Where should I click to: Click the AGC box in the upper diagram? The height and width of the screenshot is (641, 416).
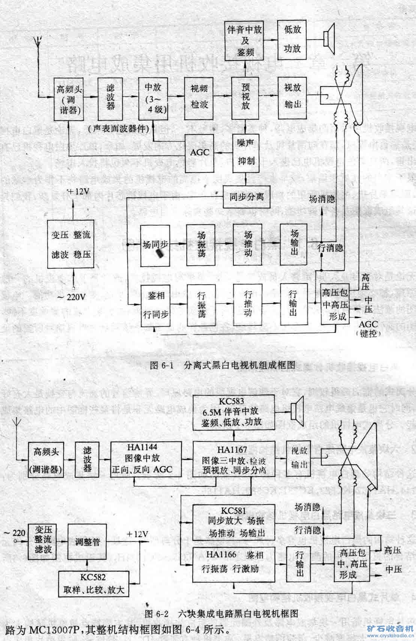200,153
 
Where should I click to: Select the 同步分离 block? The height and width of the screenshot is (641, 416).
247,196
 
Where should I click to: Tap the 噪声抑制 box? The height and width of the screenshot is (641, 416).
246,152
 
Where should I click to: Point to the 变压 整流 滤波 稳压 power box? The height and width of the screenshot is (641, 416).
71,244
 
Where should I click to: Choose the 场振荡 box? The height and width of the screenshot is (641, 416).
201,244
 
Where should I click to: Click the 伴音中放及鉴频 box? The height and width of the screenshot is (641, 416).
245,41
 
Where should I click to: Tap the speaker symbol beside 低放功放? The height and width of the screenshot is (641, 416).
330,36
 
